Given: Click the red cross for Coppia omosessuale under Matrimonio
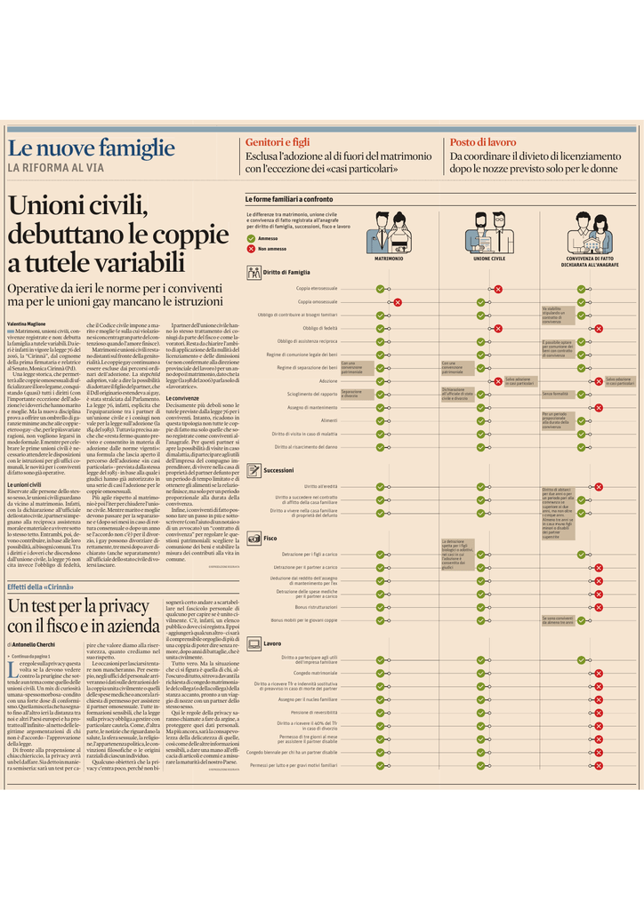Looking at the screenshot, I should pos(398,302).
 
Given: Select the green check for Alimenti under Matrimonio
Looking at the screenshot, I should pos(380,419).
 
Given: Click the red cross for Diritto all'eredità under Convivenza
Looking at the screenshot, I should pos(599,486).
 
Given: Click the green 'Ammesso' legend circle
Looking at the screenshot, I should pos(251,239).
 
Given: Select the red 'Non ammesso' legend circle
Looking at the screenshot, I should pos(251,249).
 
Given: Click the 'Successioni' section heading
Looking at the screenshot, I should pos(278,470).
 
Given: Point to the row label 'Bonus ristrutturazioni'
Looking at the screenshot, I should pos(316,607).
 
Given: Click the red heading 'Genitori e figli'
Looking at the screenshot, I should pos(277,142).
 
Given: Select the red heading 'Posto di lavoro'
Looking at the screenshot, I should pos(482,142).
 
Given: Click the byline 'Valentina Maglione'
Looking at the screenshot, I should pos(27,323).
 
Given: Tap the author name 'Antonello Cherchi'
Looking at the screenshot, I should pos(36,643).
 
